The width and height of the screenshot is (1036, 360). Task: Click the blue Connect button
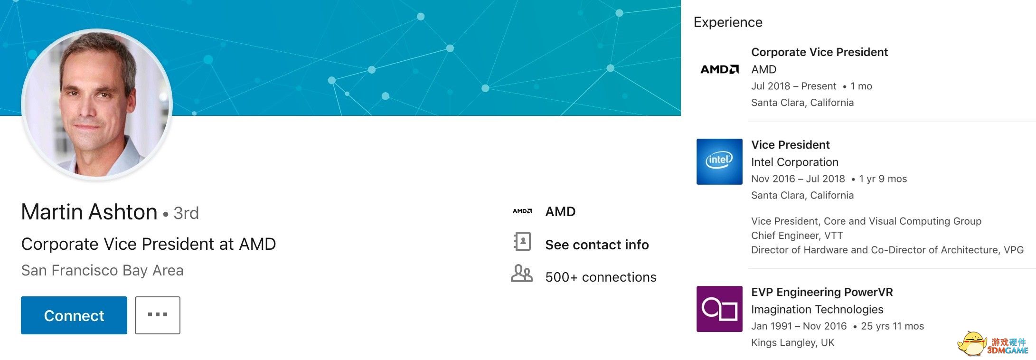pyautogui.click(x=74, y=315)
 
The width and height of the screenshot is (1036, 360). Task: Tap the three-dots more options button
pyautogui.click(x=158, y=315)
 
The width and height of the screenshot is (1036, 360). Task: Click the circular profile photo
pyautogui.click(x=97, y=104)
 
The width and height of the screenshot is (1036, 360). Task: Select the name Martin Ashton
pyautogui.click(x=89, y=212)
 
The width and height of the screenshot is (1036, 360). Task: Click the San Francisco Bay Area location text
pyautogui.click(x=103, y=270)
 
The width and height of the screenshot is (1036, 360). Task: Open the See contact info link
pyautogui.click(x=597, y=245)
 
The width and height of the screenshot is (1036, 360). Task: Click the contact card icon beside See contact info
pyautogui.click(x=522, y=241)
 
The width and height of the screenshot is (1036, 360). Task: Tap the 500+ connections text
pyautogui.click(x=601, y=277)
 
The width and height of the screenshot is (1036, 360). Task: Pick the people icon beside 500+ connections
pyautogui.click(x=521, y=274)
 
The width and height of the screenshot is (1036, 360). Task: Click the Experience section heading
pyautogui.click(x=728, y=22)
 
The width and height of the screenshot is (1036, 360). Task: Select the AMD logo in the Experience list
pyautogui.click(x=720, y=69)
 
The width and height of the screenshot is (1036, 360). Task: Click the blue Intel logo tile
pyautogui.click(x=719, y=161)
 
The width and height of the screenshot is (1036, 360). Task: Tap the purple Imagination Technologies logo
pyautogui.click(x=719, y=309)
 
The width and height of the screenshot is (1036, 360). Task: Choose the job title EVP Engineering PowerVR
pyautogui.click(x=822, y=292)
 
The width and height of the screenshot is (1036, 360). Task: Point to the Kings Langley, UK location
pyautogui.click(x=792, y=342)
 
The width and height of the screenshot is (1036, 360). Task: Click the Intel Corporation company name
pyautogui.click(x=795, y=162)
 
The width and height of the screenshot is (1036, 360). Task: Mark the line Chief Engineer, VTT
pyautogui.click(x=797, y=236)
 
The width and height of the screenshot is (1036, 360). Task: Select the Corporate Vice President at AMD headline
pyautogui.click(x=149, y=244)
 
